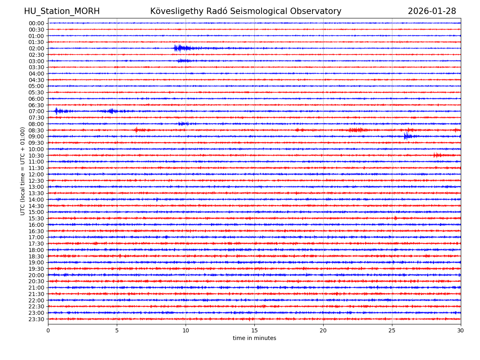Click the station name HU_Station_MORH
(x=62, y=12)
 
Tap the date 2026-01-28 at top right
(x=432, y=12)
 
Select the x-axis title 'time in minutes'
(x=254, y=338)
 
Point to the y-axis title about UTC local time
(x=23, y=171)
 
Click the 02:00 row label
(x=36, y=48)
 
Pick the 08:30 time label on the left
(x=36, y=130)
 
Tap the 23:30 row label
(x=36, y=319)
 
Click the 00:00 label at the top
(x=36, y=23)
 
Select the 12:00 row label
(x=36, y=174)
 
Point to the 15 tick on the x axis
(x=254, y=330)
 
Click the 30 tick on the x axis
(x=460, y=330)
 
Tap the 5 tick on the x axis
(x=117, y=330)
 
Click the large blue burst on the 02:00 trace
(x=179, y=48)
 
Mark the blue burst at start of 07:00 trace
(x=57, y=111)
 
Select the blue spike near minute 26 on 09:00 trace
(x=406, y=136)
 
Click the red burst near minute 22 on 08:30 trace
(x=356, y=130)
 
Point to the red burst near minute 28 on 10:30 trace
(x=437, y=155)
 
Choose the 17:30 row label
(x=36, y=244)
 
